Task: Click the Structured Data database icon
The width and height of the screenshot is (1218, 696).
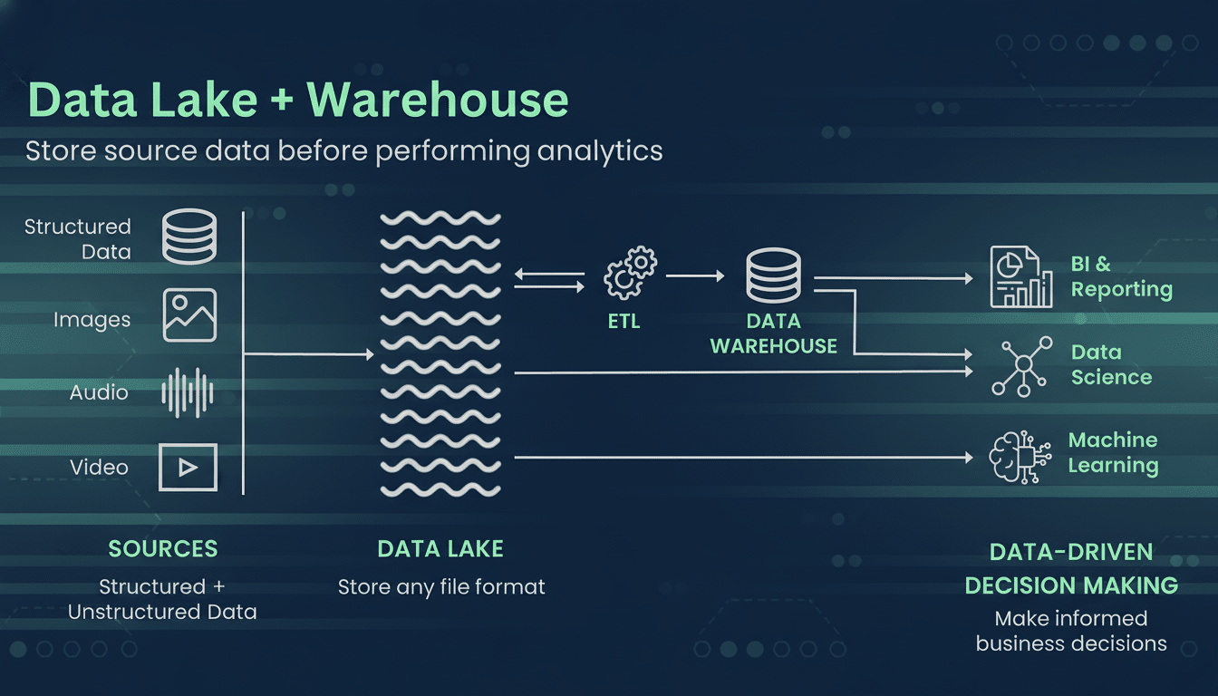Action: click(188, 237)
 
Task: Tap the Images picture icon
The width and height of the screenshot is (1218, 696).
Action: click(189, 314)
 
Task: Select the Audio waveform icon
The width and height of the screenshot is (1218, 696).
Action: click(188, 392)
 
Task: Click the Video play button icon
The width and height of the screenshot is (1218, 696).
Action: click(188, 467)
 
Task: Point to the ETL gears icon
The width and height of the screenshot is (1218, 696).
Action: click(630, 273)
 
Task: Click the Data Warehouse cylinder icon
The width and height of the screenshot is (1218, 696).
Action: click(773, 276)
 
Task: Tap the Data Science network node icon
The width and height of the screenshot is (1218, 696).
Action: click(1022, 365)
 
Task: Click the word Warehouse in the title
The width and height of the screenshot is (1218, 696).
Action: click(438, 101)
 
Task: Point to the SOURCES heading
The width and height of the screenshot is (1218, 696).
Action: click(163, 548)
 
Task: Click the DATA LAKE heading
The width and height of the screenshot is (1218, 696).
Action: click(440, 548)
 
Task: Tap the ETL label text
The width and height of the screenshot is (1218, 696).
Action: click(623, 321)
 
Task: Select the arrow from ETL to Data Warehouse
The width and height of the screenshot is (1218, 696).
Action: click(695, 275)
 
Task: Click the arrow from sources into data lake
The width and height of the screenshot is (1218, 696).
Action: click(308, 354)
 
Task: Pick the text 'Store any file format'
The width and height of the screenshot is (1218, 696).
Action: click(441, 587)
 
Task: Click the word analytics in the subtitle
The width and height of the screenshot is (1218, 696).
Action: click(600, 150)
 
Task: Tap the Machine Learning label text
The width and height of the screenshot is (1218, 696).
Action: click(1113, 453)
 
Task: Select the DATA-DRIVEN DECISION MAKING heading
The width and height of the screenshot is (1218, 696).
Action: click(1071, 568)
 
